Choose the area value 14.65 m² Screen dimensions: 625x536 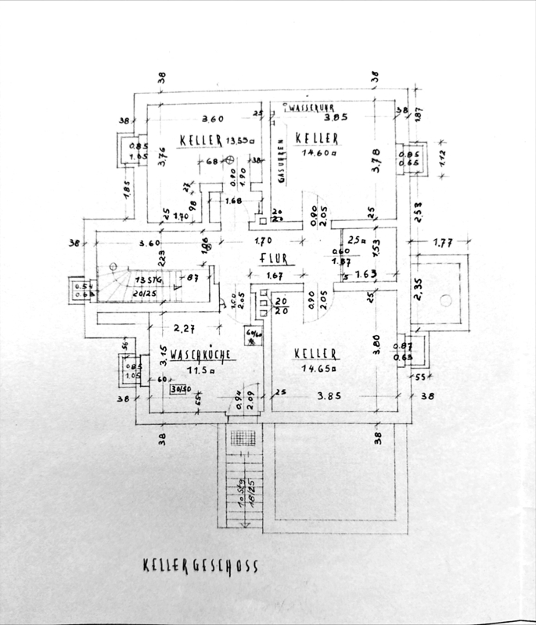pos(318,367)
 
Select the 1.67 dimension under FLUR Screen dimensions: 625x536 pos(273,275)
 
